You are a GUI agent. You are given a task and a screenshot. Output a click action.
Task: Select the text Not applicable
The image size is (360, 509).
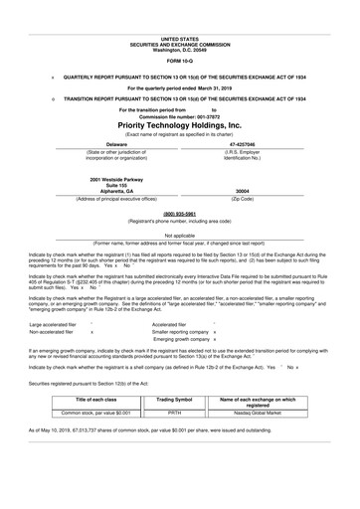pyautogui.click(x=180, y=235)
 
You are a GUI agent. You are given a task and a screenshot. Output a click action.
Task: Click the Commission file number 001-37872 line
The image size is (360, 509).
pyautogui.click(x=180, y=115)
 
